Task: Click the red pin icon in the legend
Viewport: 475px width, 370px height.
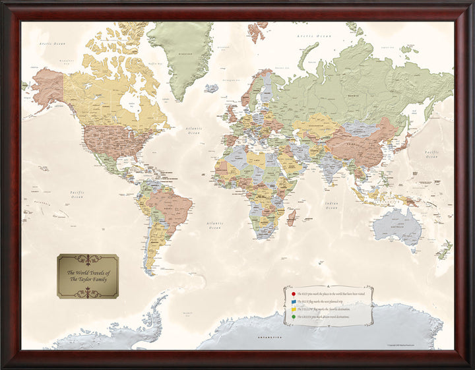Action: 293,294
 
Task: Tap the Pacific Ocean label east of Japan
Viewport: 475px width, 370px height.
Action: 432,154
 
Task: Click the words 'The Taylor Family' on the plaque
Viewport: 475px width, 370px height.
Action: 88,278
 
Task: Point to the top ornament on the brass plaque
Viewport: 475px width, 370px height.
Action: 88,259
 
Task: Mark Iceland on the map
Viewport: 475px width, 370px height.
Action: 212,88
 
